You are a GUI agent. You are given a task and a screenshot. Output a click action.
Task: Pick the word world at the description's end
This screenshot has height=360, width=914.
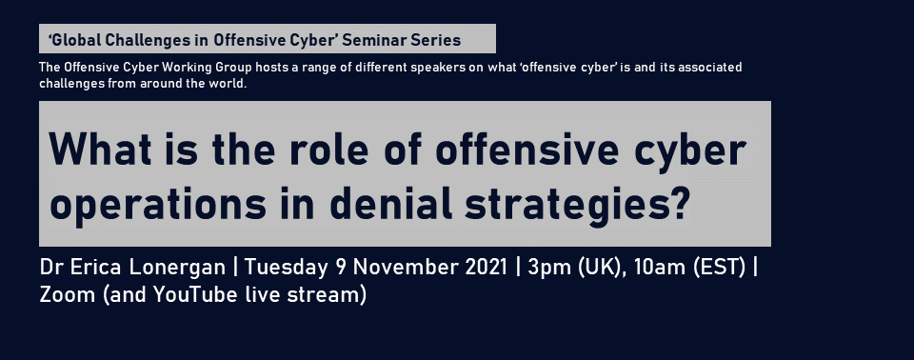[231, 84]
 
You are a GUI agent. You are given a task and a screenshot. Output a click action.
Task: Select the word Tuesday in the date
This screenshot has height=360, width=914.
[287, 268]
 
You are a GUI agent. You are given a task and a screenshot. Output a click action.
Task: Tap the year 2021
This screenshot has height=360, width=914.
[486, 267]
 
